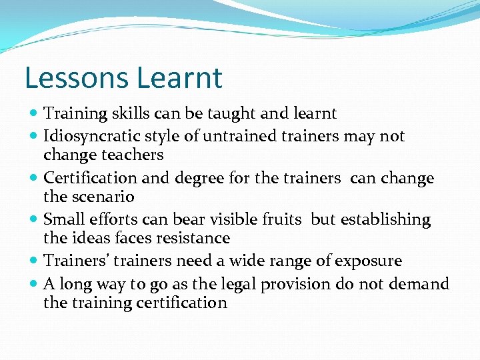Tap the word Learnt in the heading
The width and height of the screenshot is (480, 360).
click(x=179, y=78)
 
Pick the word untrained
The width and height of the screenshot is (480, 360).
click(x=217, y=137)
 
